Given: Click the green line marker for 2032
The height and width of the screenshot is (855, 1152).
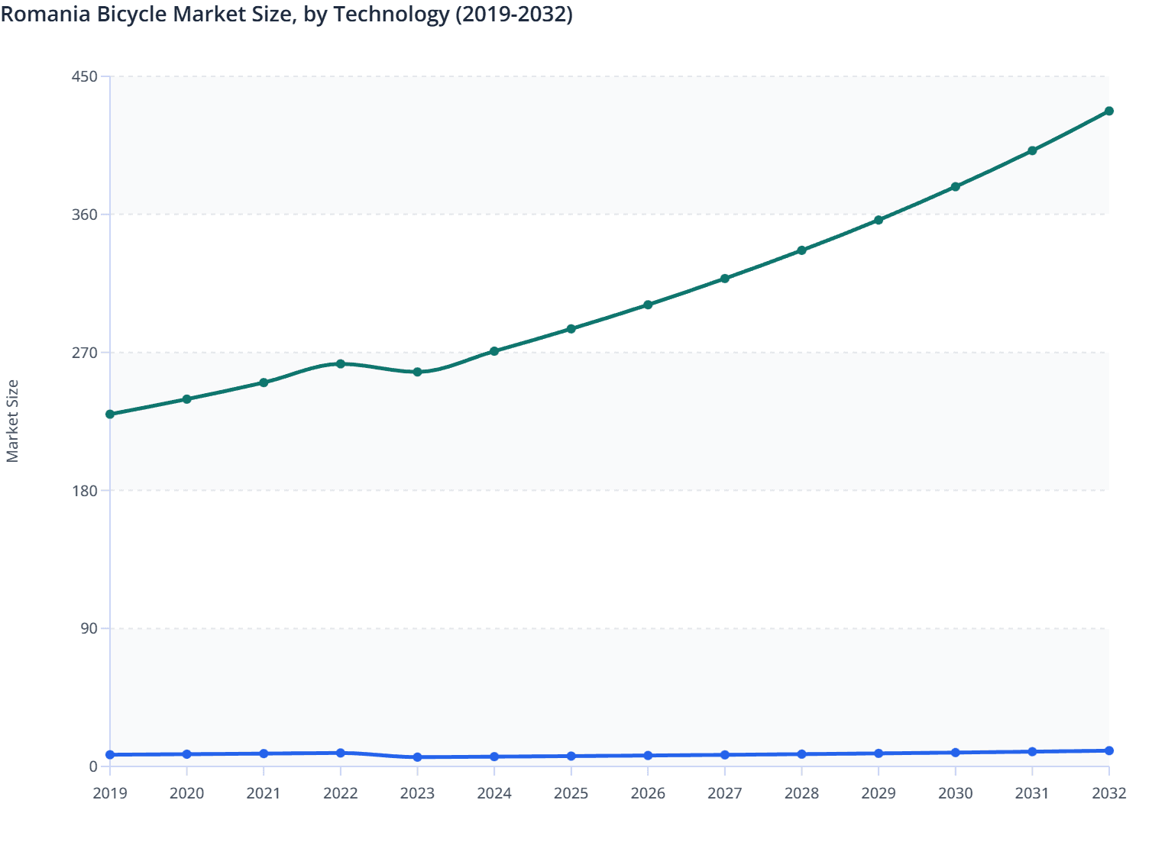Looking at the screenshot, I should [1108, 111].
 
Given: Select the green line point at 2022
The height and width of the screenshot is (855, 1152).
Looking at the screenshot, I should [341, 363].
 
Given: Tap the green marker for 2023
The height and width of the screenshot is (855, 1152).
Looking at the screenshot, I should [417, 373].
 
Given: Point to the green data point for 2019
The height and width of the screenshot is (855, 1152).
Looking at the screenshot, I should [110, 415].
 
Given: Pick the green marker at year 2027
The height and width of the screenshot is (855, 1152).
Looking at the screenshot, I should [725, 279].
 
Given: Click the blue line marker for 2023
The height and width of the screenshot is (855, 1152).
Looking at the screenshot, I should [417, 757].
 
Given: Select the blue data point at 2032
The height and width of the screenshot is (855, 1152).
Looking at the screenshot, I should [1108, 750].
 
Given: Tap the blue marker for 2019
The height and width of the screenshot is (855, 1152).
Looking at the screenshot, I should [110, 754].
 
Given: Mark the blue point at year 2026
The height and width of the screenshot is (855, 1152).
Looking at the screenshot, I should [648, 756].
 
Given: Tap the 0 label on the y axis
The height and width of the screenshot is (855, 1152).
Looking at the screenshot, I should [93, 766].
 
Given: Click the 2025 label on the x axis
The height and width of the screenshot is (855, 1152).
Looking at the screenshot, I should [571, 794].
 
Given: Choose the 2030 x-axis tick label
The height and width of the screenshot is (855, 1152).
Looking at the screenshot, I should [955, 794].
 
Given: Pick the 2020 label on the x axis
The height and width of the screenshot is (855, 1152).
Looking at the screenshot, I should [186, 794].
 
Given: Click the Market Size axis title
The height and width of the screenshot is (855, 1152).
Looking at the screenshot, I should [13, 421].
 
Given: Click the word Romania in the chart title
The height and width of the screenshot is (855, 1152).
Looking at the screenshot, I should [47, 15].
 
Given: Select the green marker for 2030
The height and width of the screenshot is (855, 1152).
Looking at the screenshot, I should [955, 186].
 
